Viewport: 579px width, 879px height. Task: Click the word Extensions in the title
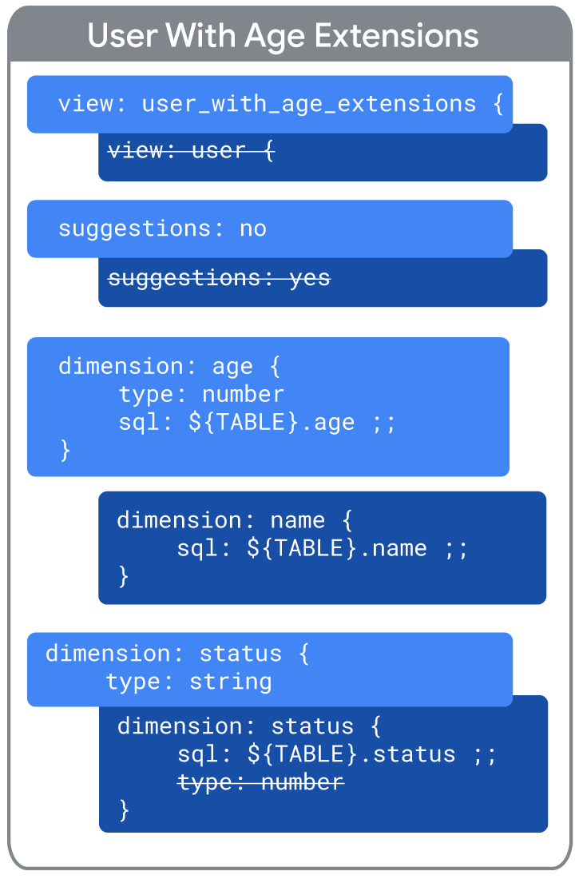click(x=396, y=36)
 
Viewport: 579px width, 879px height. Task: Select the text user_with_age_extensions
click(x=309, y=104)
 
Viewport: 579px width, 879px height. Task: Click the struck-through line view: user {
click(x=191, y=150)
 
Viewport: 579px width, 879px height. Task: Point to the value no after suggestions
click(x=253, y=229)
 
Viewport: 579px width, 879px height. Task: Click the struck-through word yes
click(x=310, y=279)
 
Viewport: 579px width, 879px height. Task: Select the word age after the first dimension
click(x=232, y=368)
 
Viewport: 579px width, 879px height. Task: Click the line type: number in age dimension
click(x=201, y=394)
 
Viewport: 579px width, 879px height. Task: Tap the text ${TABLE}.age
click(x=272, y=422)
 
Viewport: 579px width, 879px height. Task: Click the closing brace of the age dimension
click(x=65, y=450)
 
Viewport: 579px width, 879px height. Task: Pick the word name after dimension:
click(x=298, y=520)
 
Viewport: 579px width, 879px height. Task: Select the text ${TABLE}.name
click(x=337, y=547)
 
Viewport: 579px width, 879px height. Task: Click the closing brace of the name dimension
click(x=123, y=575)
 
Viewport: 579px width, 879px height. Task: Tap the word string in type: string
click(x=231, y=682)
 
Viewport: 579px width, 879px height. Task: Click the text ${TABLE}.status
click(x=351, y=754)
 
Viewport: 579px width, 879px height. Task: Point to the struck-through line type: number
click(x=260, y=782)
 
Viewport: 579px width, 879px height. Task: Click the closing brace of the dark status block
click(x=124, y=810)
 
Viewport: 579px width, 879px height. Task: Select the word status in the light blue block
click(x=240, y=654)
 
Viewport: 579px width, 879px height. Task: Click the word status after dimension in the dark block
click(x=312, y=726)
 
